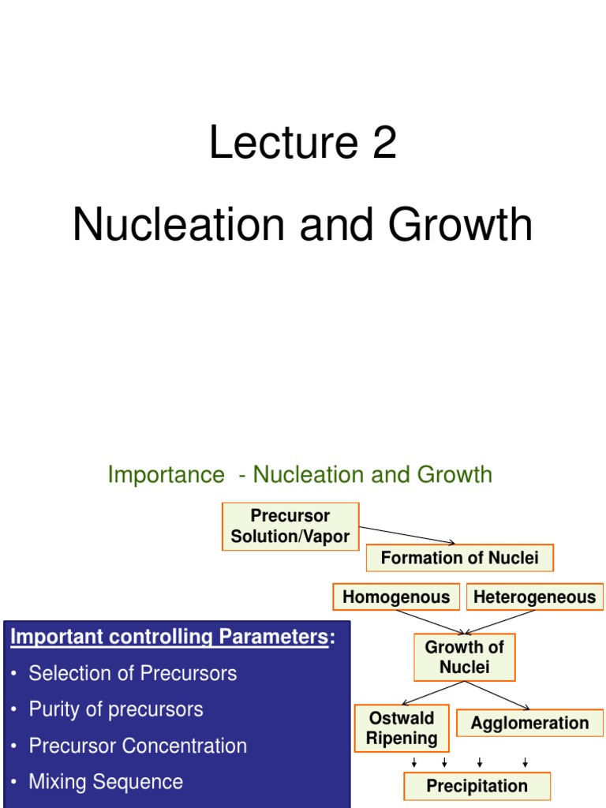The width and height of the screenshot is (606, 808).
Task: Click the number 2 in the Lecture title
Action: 382,144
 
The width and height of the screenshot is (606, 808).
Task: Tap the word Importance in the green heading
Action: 166,475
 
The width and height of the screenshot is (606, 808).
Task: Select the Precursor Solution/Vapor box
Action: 290,526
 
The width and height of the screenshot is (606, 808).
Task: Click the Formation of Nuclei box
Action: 459,558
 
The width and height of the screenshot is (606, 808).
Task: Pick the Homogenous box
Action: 396,597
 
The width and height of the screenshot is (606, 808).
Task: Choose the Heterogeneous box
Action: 534,597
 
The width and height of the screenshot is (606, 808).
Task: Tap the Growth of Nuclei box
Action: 464,657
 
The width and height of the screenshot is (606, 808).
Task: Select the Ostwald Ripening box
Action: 402,728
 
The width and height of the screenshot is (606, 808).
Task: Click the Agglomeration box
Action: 529,723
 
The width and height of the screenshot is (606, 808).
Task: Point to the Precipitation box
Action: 477,786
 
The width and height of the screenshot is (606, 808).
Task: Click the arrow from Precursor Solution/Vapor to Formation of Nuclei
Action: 407,535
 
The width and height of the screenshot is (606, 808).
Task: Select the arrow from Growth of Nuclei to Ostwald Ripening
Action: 432,692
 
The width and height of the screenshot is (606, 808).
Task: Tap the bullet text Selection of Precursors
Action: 133,673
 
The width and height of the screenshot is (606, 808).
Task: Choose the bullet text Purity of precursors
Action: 116,709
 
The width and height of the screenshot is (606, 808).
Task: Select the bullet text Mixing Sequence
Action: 106,782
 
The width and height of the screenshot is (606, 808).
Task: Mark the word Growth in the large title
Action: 460,225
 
